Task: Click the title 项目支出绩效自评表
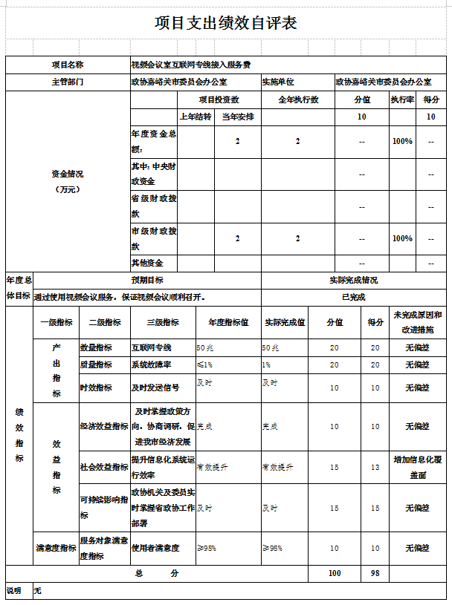point(226,23)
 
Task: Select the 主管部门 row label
point(68,82)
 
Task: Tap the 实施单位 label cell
point(279,82)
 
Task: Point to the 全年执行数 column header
point(298,99)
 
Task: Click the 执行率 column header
point(402,99)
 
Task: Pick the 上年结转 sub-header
point(196,117)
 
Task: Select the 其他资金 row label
point(147,263)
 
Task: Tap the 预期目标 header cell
point(148,280)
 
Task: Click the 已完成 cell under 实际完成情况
point(353,297)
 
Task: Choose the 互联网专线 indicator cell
point(152,347)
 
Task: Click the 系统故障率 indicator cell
point(152,364)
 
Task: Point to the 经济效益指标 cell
point(104,426)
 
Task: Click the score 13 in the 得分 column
point(375,467)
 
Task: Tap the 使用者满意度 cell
point(155,549)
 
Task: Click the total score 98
point(375,574)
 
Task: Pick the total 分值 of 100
point(335,574)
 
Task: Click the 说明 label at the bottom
point(14,591)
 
